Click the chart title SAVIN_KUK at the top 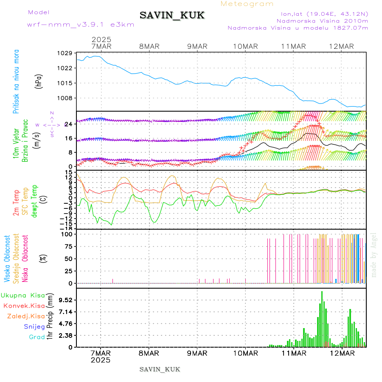click(x=172, y=16)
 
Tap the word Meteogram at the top click(x=247, y=4)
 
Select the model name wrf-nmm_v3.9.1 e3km click(x=81, y=25)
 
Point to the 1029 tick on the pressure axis click(x=65, y=53)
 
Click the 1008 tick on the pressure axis click(x=65, y=98)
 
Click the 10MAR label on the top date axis click(x=245, y=46)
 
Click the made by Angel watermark click(x=374, y=255)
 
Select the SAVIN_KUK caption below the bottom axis click(x=160, y=369)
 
